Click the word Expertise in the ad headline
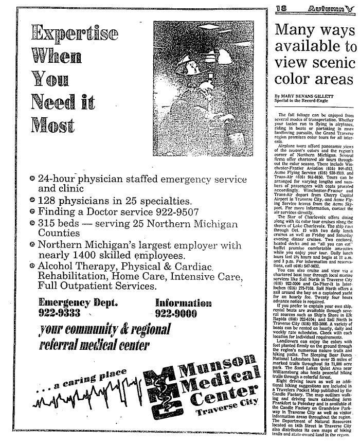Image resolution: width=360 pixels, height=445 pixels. pos(72,34)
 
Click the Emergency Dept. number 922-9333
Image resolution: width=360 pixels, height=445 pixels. pos(59,313)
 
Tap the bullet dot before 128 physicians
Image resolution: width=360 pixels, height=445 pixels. pos(33,200)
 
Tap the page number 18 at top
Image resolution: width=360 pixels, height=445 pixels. pos(280,7)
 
